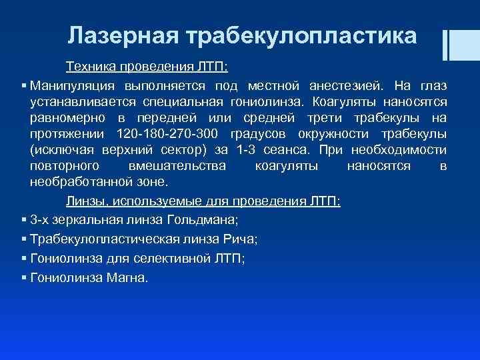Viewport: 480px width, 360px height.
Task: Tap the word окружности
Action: (336, 133)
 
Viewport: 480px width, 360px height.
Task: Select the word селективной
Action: (179, 259)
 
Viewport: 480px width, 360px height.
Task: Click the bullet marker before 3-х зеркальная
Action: (24, 219)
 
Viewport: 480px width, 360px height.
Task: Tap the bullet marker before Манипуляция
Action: (24, 86)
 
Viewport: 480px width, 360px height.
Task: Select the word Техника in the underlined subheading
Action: (87, 68)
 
